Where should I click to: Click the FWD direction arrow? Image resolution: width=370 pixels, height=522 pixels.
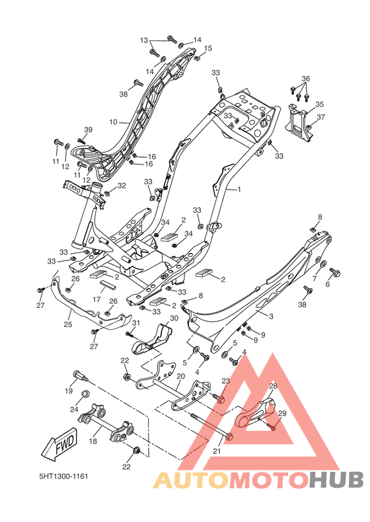click(x=60, y=444)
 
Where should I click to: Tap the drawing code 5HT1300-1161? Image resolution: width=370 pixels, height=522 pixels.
click(x=64, y=476)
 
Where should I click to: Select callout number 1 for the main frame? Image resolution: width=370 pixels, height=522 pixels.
click(x=239, y=190)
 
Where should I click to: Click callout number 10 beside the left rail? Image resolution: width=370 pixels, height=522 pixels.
click(x=113, y=122)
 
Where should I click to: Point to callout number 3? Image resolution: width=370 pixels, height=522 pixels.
click(x=271, y=317)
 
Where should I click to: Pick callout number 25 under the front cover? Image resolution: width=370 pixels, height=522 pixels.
click(x=68, y=324)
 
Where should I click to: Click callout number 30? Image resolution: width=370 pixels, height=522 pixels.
click(x=174, y=318)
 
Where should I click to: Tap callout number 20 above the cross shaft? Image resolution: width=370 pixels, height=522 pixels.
click(x=181, y=376)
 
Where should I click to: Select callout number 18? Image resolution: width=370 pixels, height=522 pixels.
click(x=93, y=441)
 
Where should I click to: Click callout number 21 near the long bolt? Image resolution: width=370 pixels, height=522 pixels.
click(x=217, y=451)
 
